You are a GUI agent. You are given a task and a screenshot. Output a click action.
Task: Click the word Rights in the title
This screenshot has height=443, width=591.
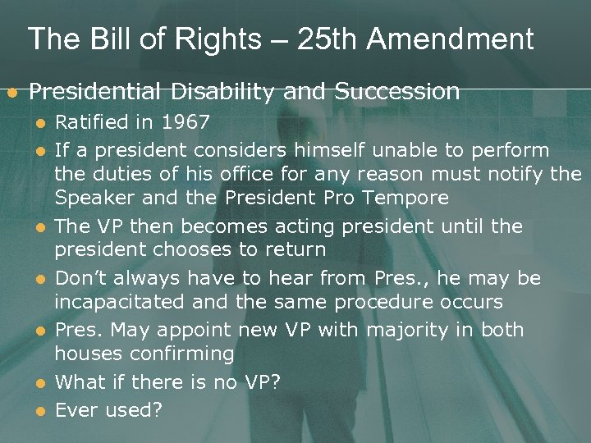pos(198,39)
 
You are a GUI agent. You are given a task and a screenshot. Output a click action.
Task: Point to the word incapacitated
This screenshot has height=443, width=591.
pos(120,302)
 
